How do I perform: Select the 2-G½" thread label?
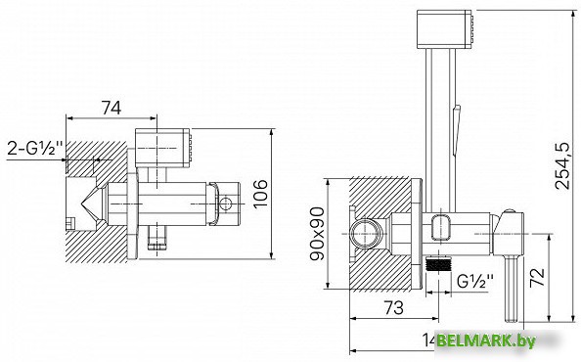point(31,149)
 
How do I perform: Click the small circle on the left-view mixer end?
point(225,204)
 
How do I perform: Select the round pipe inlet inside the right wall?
point(364,235)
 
